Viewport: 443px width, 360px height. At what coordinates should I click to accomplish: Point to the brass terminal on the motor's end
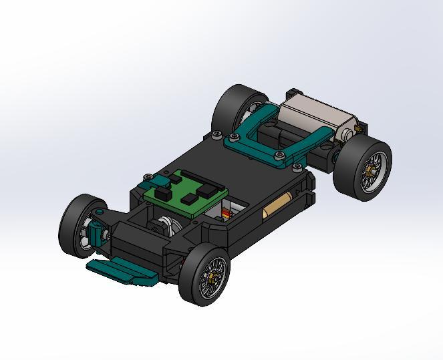coord(292,92)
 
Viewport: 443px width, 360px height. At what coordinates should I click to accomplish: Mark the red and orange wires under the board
coord(227,214)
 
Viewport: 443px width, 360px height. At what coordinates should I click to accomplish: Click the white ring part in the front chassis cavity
coord(168,227)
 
